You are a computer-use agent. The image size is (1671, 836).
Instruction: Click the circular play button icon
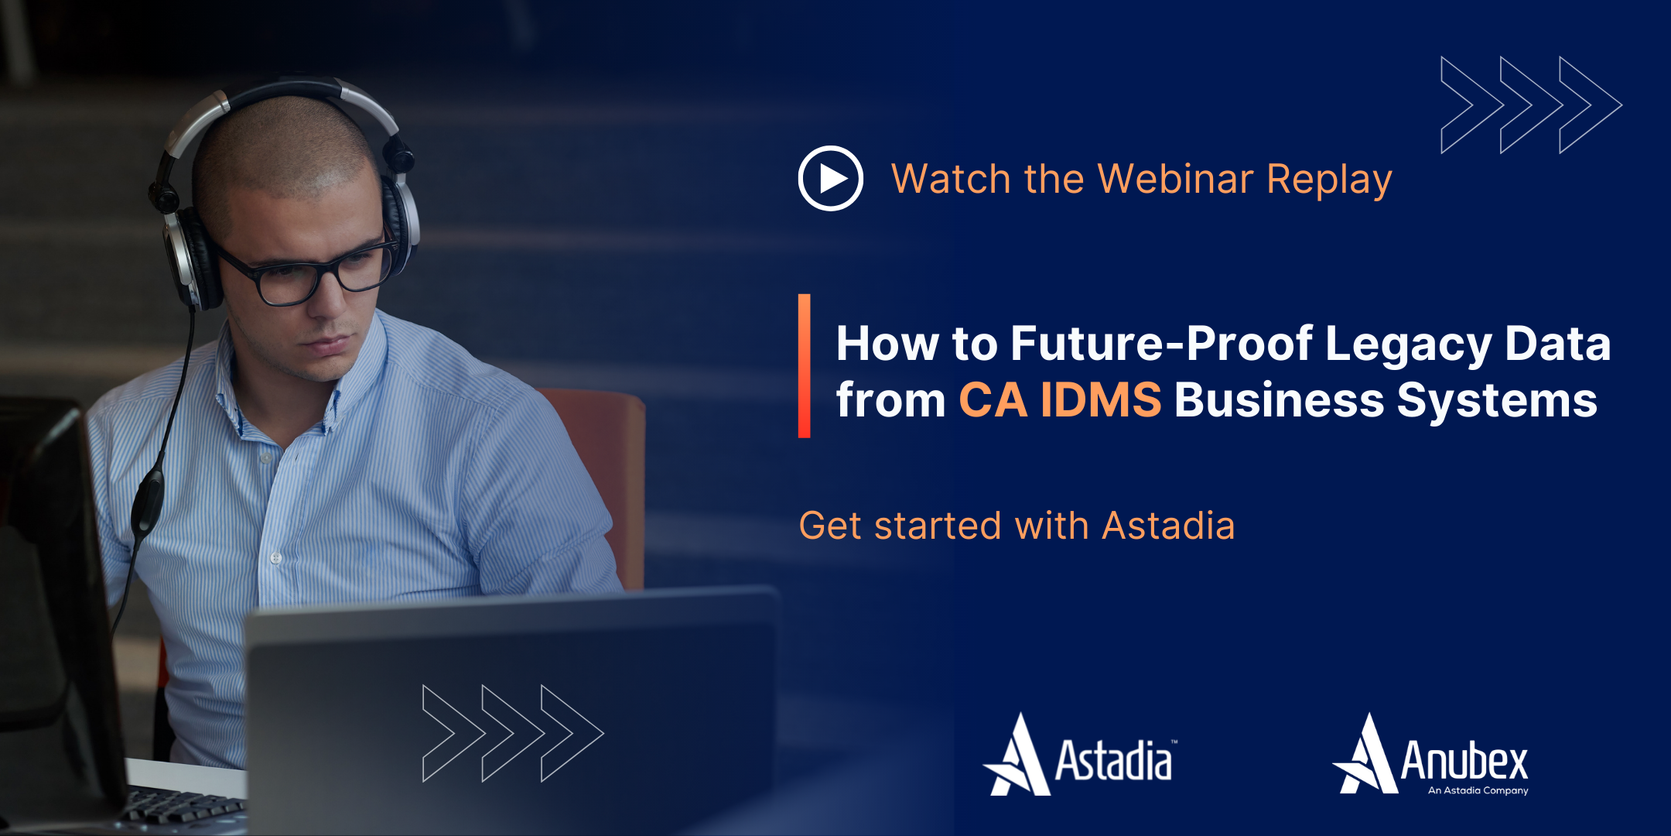click(830, 178)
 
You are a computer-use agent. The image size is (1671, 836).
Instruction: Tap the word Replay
click(1329, 180)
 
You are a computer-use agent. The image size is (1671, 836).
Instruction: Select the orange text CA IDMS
click(1060, 399)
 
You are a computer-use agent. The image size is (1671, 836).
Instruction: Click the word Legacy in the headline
click(1408, 344)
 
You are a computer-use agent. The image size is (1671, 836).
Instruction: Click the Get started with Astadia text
click(1016, 526)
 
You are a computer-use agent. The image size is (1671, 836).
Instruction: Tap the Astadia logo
click(1080, 757)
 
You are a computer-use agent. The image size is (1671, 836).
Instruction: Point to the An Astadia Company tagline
click(1478, 790)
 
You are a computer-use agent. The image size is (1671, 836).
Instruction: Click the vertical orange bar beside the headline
click(805, 366)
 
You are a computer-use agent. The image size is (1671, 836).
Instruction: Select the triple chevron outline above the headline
click(1530, 104)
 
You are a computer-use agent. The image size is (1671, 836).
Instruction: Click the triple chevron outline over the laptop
click(512, 732)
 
